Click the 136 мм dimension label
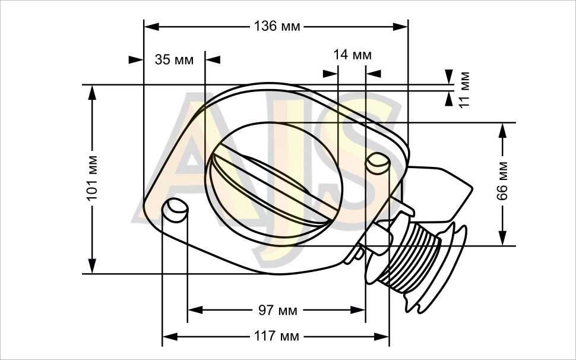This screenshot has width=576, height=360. (x=277, y=27)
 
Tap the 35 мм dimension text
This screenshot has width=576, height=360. (x=174, y=59)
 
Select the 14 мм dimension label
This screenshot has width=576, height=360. (x=352, y=55)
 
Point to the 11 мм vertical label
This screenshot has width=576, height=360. (x=464, y=89)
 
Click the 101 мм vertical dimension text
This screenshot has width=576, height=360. (x=92, y=178)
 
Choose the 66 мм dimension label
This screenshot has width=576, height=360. (x=502, y=181)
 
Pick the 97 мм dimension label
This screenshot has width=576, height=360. (x=277, y=311)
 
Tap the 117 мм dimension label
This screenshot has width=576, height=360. (x=277, y=336)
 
